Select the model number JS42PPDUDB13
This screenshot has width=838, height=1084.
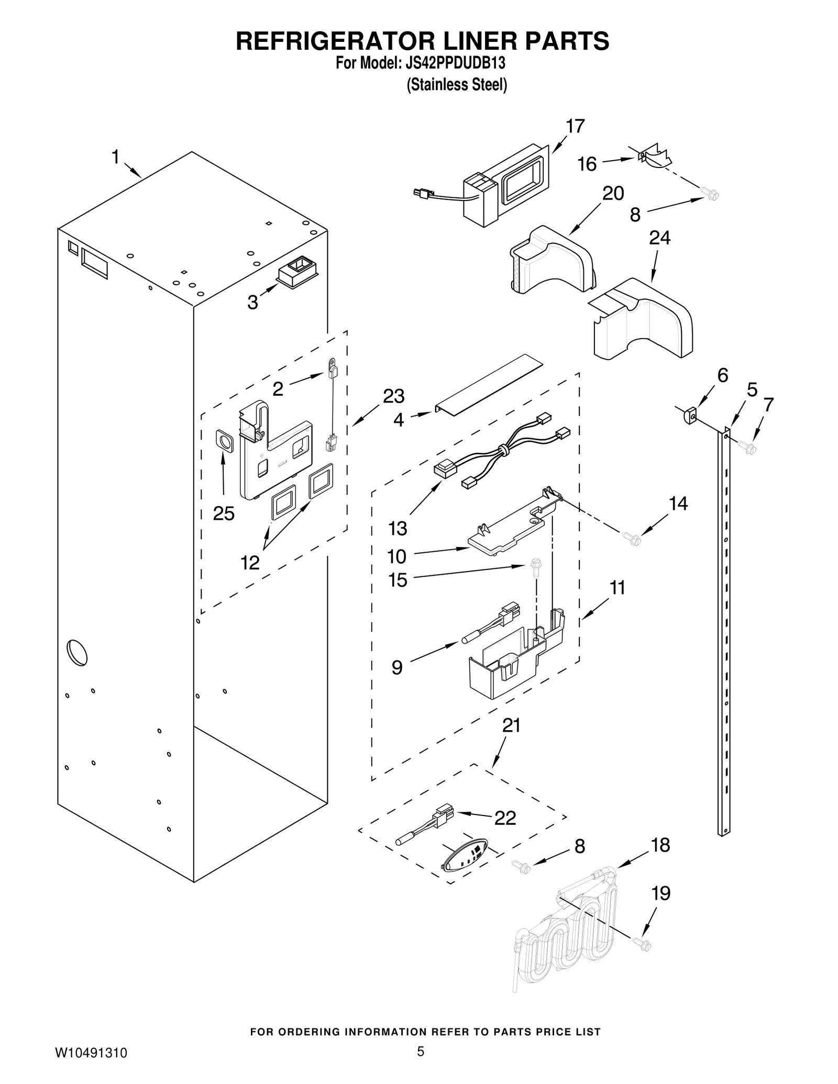click(455, 63)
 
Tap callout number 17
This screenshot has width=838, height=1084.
click(575, 126)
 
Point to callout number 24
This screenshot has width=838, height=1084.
click(659, 238)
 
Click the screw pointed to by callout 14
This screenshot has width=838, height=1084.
click(632, 539)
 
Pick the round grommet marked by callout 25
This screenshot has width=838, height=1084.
click(225, 441)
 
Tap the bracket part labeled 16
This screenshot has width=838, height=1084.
click(654, 157)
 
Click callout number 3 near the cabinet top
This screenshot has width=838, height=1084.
click(252, 302)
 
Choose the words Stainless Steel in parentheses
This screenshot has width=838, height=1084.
click(457, 85)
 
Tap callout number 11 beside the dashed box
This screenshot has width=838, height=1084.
click(618, 588)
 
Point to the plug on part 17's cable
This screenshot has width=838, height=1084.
click(421, 194)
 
